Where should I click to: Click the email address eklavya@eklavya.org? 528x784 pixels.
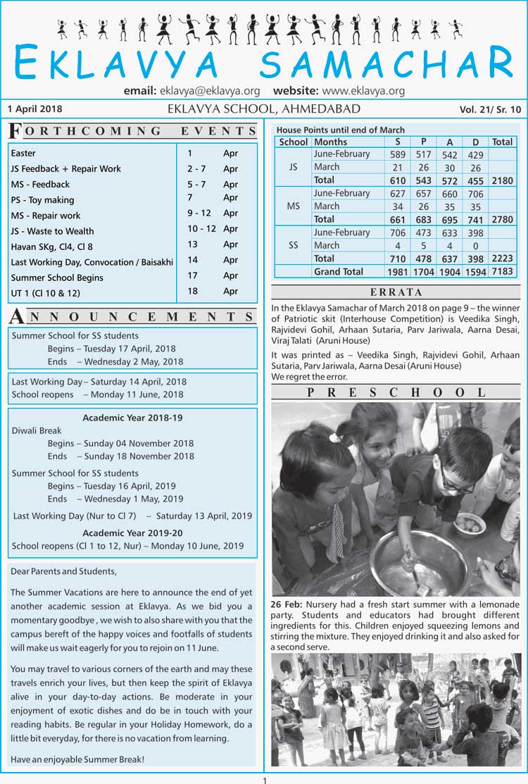pyautogui.click(x=210, y=91)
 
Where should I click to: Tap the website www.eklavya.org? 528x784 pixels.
pyautogui.click(x=364, y=91)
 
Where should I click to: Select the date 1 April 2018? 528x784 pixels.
pyautogui.click(x=35, y=108)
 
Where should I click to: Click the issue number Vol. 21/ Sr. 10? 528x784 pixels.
pyautogui.click(x=490, y=109)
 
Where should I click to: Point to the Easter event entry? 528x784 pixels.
pyautogui.click(x=23, y=153)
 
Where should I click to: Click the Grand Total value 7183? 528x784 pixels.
pyautogui.click(x=502, y=272)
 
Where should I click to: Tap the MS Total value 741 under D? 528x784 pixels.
pyautogui.click(x=475, y=220)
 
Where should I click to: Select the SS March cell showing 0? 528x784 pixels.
pyautogui.click(x=475, y=246)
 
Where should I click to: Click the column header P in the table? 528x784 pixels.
pyautogui.click(x=423, y=142)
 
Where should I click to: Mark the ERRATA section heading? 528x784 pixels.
pyautogui.click(x=396, y=292)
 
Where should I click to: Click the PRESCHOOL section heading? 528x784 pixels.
pyautogui.click(x=396, y=393)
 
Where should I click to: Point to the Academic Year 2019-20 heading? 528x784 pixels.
pyautogui.click(x=132, y=533)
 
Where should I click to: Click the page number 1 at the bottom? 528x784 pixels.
pyautogui.click(x=264, y=779)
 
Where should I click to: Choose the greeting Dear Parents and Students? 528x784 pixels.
pyautogui.click(x=64, y=571)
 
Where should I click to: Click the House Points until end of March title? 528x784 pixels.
pyautogui.click(x=340, y=130)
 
